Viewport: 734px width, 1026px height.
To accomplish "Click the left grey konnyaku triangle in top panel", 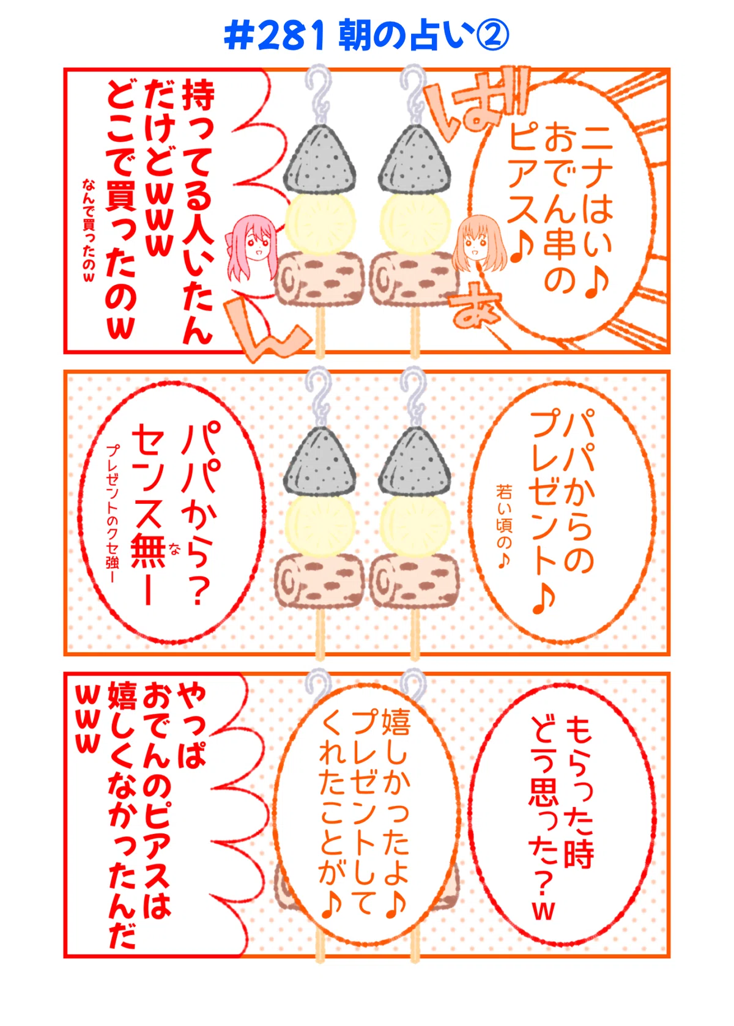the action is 319,159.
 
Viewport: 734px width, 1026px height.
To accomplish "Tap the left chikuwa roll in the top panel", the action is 319,279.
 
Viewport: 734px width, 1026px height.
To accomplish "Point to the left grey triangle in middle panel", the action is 319,461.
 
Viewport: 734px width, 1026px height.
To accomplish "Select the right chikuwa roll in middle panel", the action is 415,581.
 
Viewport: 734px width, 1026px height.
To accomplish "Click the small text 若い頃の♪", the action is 504,526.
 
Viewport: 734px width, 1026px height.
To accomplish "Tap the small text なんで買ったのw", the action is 89,231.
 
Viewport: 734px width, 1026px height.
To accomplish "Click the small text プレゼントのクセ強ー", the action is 113,514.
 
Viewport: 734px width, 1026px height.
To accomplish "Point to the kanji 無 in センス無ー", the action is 147,552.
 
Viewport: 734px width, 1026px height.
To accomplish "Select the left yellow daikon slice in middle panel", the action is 319,525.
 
